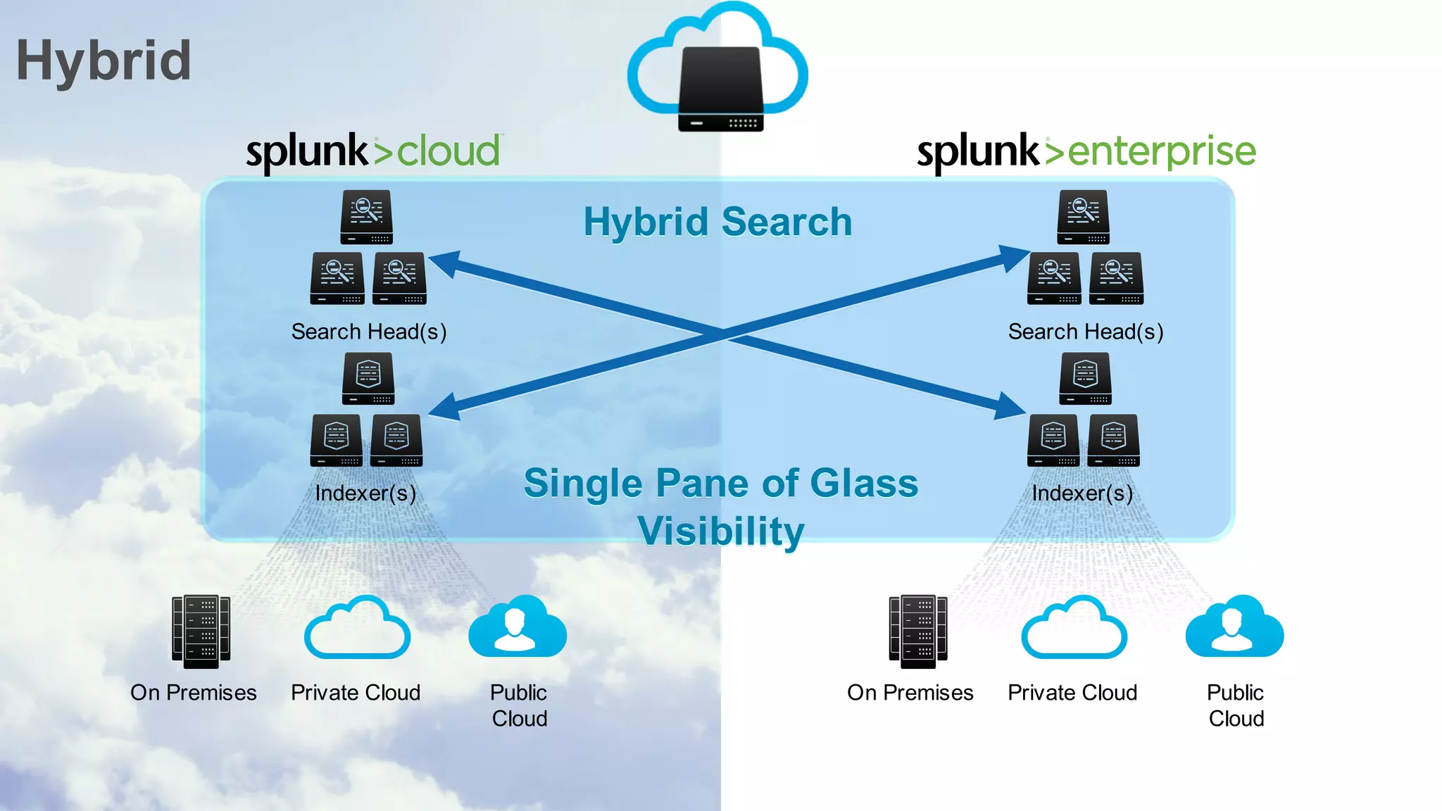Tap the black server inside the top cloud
(x=720, y=88)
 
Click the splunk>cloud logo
(x=373, y=151)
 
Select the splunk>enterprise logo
(x=1086, y=151)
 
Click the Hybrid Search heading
(x=717, y=222)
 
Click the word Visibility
(x=720, y=531)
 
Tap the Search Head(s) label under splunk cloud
(x=369, y=332)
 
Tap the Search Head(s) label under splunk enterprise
(x=1085, y=332)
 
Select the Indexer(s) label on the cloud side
(x=365, y=493)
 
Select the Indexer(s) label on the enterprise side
(x=1082, y=493)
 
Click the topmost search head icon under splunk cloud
(x=366, y=217)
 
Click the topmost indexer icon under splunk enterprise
(x=1085, y=378)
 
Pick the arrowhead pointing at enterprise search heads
(x=1014, y=257)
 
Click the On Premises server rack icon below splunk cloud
(x=201, y=631)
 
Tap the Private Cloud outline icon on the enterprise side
(x=1074, y=629)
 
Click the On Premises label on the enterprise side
(x=910, y=693)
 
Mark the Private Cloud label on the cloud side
(x=356, y=693)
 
